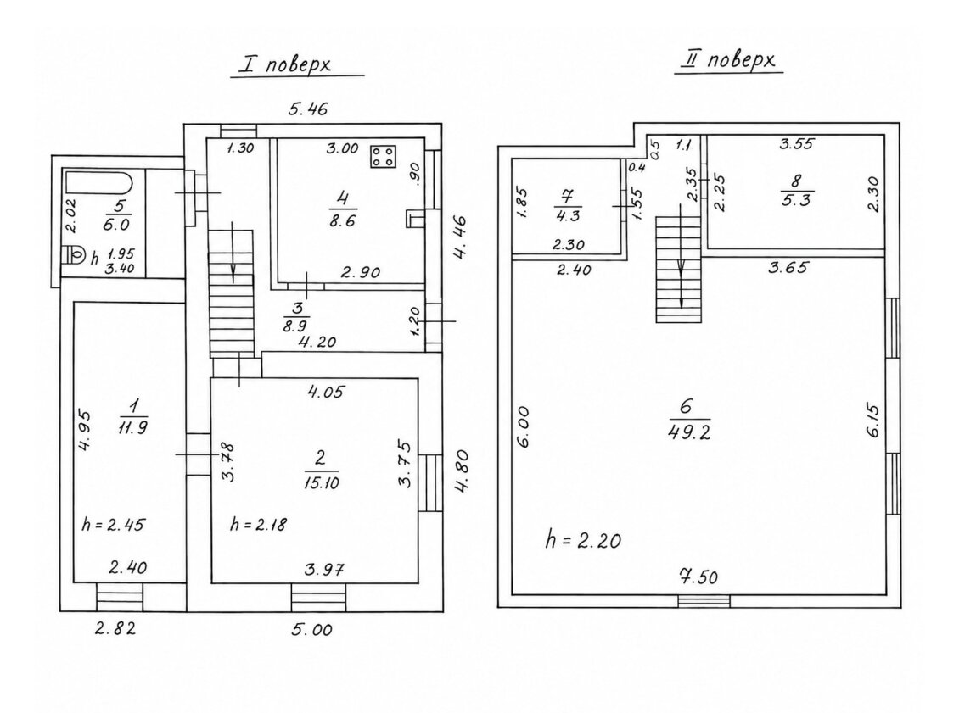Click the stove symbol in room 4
384,157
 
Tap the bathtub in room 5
98,184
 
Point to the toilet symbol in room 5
76,255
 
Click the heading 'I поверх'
294,64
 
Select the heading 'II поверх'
728,60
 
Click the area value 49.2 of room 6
688,432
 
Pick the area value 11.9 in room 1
132,427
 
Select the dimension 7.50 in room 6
699,577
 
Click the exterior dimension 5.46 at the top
308,109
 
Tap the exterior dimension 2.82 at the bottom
115,628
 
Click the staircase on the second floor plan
680,269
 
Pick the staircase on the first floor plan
232,293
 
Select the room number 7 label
566,197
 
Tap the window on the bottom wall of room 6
704,601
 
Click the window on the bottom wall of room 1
120,598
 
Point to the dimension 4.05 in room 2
325,392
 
